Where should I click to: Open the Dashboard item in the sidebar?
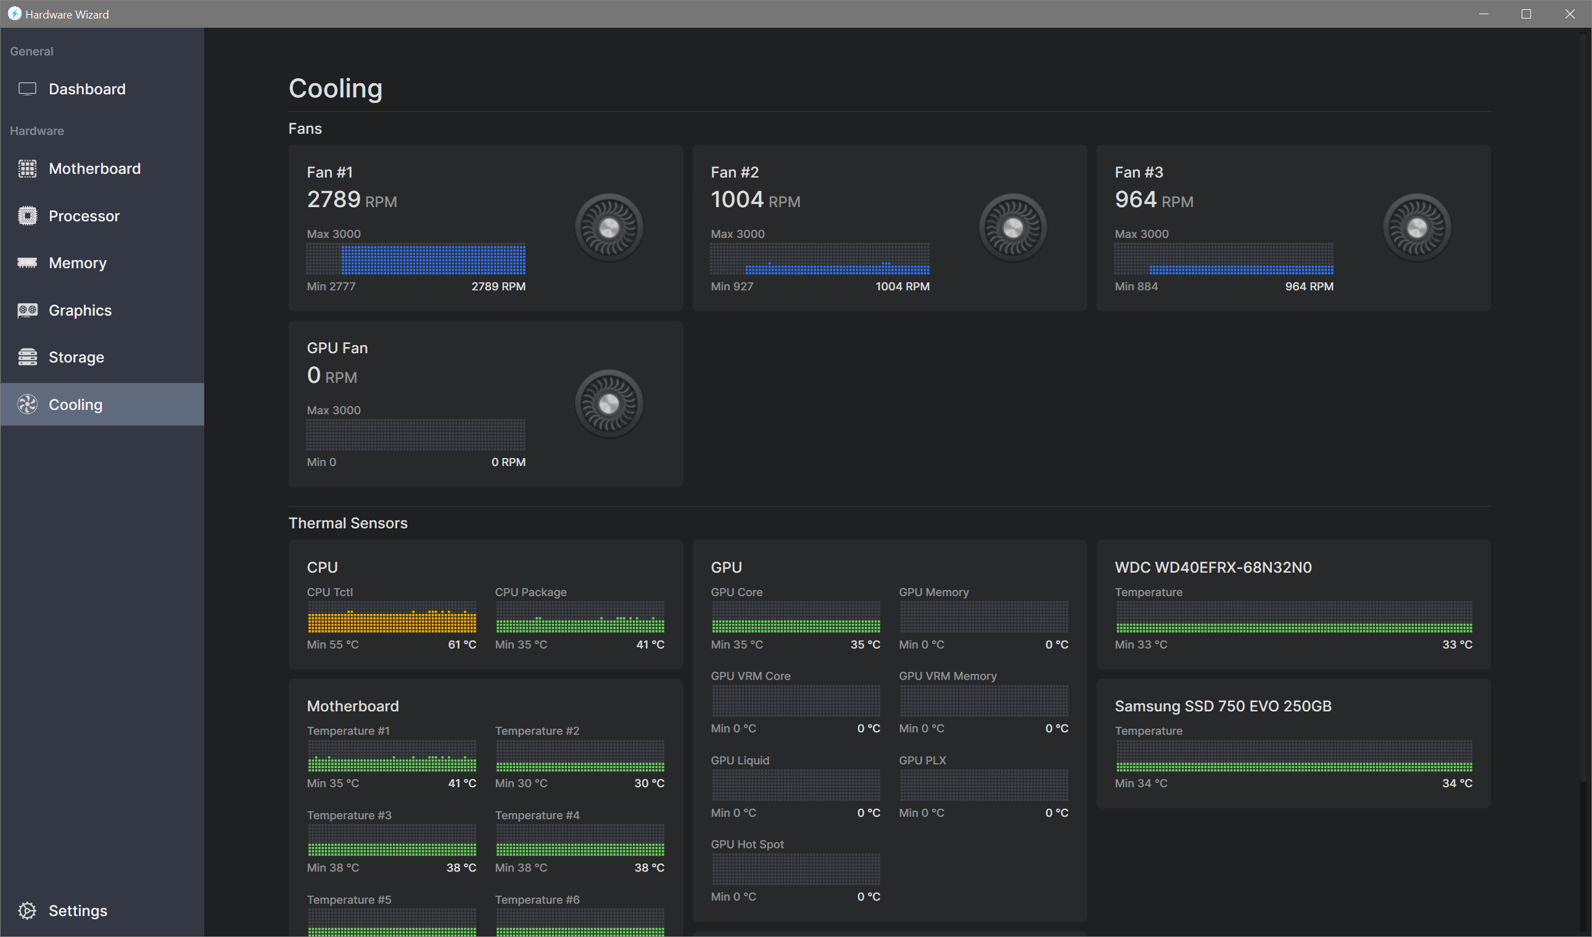[86, 89]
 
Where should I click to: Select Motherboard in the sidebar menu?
[94, 168]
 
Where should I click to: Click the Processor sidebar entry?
[83, 216]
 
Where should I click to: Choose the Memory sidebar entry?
[77, 263]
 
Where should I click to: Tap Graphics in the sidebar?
[80, 310]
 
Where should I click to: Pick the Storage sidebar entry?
[76, 358]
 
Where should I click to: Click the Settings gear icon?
[27, 910]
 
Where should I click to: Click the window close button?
[1569, 14]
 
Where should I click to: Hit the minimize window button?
[1483, 14]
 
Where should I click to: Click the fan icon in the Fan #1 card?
[608, 227]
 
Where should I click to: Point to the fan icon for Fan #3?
[1416, 227]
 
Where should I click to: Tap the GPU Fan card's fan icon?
[608, 404]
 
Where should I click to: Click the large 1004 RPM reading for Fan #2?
[737, 200]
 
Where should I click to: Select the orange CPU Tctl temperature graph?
[392, 618]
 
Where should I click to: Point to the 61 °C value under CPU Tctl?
[462, 645]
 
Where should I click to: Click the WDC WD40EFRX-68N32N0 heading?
[1213, 567]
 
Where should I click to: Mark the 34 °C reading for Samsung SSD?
[1457, 783]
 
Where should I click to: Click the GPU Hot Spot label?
[747, 844]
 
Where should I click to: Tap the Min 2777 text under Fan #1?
[331, 287]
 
